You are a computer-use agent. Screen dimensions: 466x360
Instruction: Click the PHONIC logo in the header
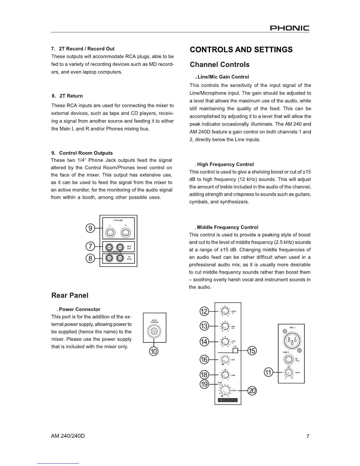point(289,28)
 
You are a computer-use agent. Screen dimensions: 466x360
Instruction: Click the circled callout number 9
point(90,228)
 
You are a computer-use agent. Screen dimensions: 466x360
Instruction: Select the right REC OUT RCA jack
point(120,247)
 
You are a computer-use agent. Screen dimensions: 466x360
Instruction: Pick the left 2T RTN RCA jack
point(109,258)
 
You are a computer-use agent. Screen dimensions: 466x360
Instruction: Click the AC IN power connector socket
point(154,332)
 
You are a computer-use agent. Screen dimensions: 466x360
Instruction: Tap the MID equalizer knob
point(225,326)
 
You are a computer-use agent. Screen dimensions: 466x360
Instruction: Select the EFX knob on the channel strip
point(225,360)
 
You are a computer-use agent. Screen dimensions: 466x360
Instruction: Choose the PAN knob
point(225,375)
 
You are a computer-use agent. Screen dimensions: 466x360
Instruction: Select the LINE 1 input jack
point(289,359)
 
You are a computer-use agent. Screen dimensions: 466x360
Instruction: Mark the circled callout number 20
point(252,391)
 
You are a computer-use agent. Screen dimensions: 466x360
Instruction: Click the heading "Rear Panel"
point(70,295)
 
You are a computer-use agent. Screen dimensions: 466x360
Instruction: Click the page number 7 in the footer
point(308,436)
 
